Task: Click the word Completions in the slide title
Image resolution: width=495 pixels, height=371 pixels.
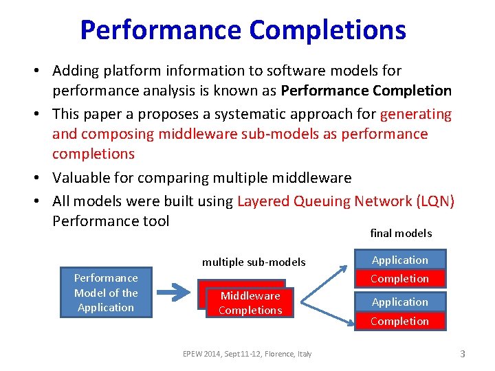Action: (327, 30)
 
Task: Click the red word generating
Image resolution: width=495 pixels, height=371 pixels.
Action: (416, 114)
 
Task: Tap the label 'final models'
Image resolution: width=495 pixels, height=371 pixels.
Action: (401, 234)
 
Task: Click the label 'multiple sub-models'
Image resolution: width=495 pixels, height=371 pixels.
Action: (254, 262)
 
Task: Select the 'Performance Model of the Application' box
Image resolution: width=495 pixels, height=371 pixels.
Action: (106, 293)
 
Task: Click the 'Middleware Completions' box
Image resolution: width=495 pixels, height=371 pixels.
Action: (250, 303)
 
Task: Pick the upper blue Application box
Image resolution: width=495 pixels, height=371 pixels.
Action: (399, 260)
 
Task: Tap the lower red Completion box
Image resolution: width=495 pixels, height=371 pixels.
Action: (399, 321)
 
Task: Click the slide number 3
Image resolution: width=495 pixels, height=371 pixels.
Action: (463, 354)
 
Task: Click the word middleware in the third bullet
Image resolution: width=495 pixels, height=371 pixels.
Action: (313, 178)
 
